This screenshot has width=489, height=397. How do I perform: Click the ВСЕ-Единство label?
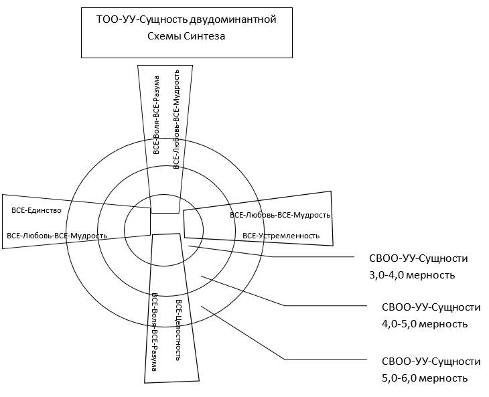click(36, 210)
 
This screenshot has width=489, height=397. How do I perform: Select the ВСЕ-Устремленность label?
click(281, 236)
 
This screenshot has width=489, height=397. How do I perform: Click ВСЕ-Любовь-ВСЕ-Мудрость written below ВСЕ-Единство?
click(57, 236)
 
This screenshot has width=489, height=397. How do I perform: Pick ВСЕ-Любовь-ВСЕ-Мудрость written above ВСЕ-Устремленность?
click(280, 215)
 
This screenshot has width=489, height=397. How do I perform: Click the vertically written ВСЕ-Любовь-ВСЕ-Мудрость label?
click(176, 118)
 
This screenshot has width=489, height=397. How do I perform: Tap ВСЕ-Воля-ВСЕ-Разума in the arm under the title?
click(156, 115)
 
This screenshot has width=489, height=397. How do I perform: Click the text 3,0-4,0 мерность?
click(412, 274)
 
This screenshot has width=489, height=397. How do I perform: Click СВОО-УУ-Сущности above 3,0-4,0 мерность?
click(418, 258)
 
